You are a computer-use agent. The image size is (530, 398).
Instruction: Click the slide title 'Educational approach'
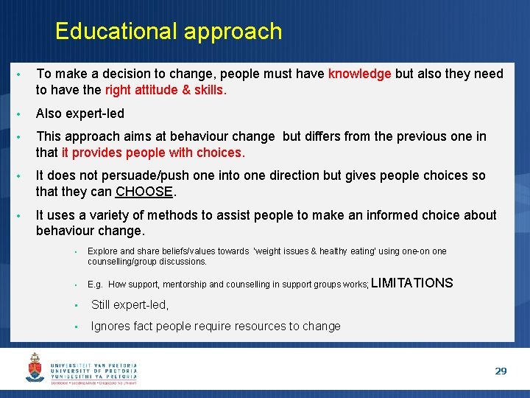click(x=168, y=31)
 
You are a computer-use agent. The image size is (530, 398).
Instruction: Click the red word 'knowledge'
click(x=359, y=74)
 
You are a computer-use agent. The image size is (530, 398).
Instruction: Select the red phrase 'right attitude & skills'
click(x=166, y=90)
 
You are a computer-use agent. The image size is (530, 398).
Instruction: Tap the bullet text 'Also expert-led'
click(x=80, y=114)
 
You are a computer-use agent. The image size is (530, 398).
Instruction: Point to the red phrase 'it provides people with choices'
click(x=151, y=153)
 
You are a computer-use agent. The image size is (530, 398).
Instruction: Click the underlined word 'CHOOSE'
click(x=144, y=192)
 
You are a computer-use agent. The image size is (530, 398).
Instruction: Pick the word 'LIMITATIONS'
click(x=414, y=283)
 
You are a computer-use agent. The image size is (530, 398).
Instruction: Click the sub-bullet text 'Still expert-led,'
click(x=130, y=305)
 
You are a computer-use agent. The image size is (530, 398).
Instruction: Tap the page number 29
click(x=501, y=371)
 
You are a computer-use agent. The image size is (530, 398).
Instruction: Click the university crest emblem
click(x=35, y=367)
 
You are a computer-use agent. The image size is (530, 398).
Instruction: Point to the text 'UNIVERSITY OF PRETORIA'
click(x=93, y=371)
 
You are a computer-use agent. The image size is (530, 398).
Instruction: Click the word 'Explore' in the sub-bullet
click(x=102, y=251)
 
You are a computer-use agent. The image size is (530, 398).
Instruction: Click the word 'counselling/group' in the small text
click(x=121, y=262)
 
